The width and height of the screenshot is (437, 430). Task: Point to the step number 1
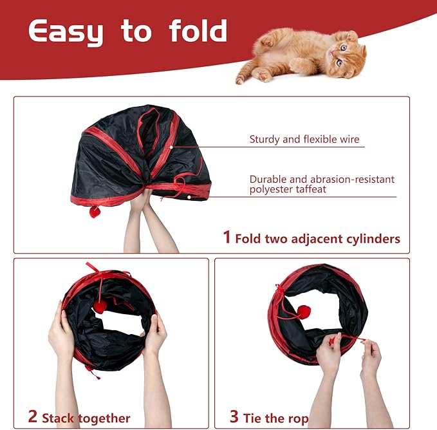[x=227, y=237]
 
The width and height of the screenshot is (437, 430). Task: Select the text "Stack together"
[x=86, y=418]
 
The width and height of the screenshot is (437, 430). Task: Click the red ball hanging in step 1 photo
[x=95, y=212]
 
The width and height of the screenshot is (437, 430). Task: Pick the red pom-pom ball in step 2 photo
[x=100, y=306]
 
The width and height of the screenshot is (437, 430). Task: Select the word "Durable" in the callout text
[x=268, y=180]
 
